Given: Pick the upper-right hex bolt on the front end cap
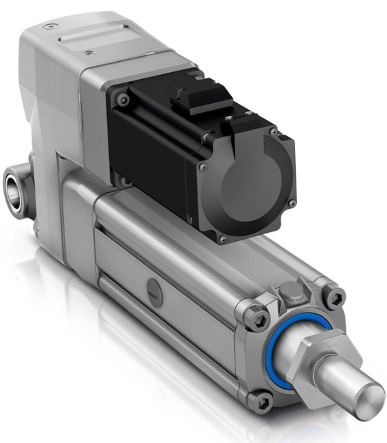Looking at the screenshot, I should [334, 296].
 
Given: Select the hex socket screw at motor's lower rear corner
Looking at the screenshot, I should [124, 180].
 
